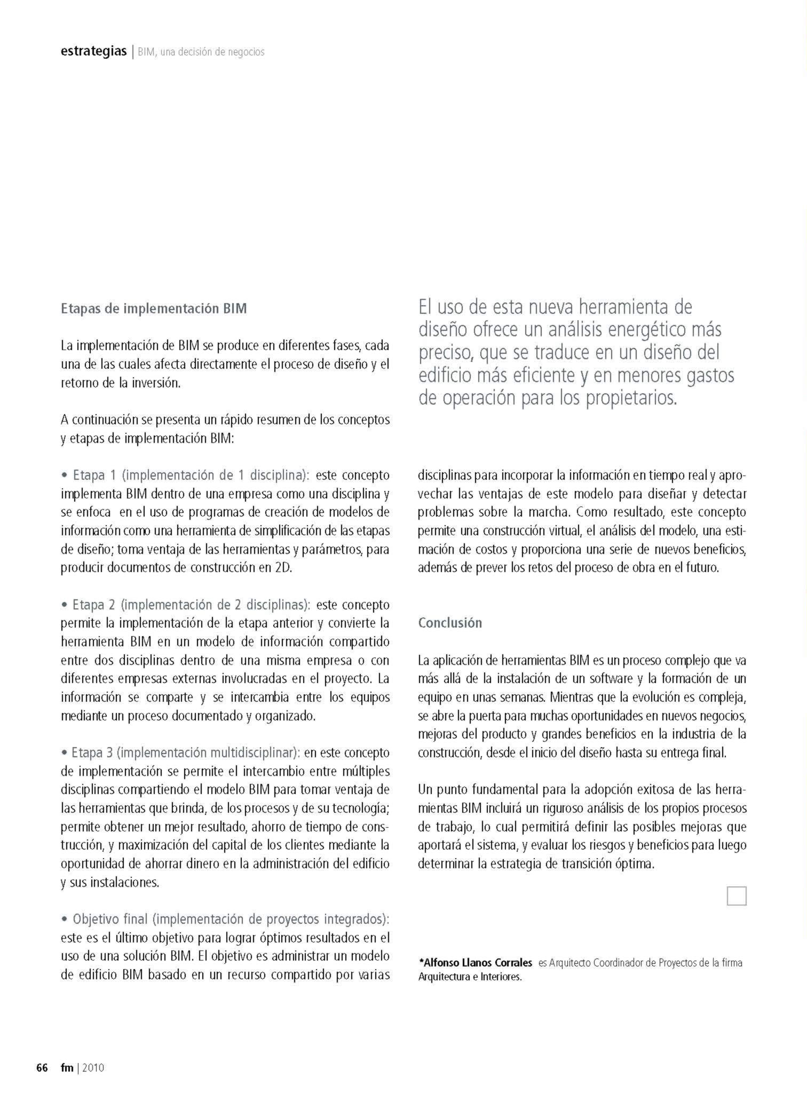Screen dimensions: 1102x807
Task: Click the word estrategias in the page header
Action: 94,51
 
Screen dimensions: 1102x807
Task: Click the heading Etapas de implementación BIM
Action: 154,308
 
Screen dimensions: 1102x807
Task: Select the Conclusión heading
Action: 450,623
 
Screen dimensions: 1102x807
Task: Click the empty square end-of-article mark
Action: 737,896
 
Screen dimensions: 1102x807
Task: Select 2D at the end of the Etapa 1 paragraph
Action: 283,567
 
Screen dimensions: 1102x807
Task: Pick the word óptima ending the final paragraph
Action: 636,864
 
